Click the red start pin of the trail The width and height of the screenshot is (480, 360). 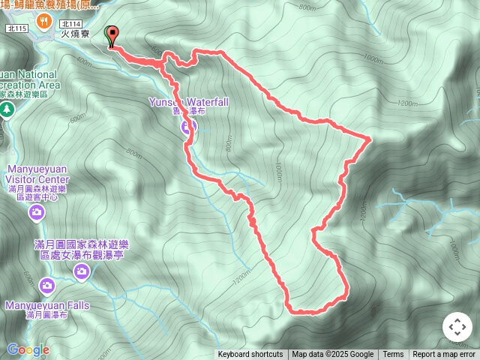click(x=113, y=34)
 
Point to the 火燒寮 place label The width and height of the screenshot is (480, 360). click(x=75, y=34)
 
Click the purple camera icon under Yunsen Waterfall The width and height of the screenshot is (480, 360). click(x=187, y=127)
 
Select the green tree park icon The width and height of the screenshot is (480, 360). click(x=7, y=110)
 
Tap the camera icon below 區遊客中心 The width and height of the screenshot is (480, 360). click(x=36, y=214)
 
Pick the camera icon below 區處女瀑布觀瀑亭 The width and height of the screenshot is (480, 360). click(x=82, y=273)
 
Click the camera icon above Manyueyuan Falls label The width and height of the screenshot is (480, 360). click(x=47, y=286)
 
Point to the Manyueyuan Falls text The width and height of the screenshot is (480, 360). click(x=47, y=305)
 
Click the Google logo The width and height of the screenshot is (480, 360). click(x=28, y=349)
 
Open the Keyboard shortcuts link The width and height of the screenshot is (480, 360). click(x=250, y=355)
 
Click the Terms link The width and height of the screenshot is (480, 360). click(x=393, y=355)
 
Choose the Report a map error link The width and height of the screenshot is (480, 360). click(x=444, y=355)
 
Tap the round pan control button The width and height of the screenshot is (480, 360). click(x=457, y=327)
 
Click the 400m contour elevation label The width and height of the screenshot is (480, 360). click(x=84, y=61)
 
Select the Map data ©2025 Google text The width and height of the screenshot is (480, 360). click(x=332, y=355)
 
